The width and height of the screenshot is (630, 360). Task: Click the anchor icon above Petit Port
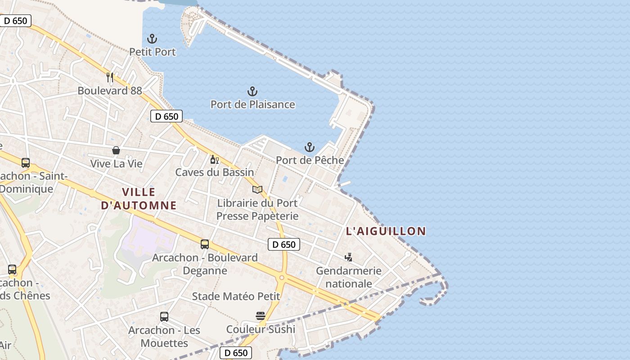(x=153, y=39)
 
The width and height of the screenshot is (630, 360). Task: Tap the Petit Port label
(x=153, y=52)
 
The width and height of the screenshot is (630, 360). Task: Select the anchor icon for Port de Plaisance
(x=252, y=92)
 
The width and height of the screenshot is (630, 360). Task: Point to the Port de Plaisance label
(x=252, y=104)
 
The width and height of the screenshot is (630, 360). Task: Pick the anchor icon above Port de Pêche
(x=310, y=147)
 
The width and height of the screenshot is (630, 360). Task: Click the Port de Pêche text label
(x=310, y=160)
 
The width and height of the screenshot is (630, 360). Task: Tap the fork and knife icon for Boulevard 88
(x=109, y=77)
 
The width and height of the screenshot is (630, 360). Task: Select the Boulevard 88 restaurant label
(x=110, y=90)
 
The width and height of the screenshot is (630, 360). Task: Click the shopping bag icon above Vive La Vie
(x=116, y=150)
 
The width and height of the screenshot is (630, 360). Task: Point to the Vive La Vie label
(x=116, y=163)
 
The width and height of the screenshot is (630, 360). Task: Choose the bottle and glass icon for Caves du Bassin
(x=215, y=160)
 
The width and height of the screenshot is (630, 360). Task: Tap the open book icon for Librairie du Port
(x=257, y=190)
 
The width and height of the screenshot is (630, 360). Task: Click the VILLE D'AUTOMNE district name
(x=139, y=199)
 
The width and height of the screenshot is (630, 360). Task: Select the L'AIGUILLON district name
(x=386, y=231)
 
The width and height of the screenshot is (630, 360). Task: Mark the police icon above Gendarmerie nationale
(x=348, y=257)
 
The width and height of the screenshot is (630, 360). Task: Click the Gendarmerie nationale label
(x=349, y=277)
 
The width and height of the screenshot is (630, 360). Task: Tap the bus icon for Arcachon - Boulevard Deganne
(x=205, y=244)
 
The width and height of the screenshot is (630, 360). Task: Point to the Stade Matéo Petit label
(x=236, y=297)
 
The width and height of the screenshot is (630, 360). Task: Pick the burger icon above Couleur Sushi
(x=261, y=316)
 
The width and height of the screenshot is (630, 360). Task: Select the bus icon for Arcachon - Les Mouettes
(x=164, y=317)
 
